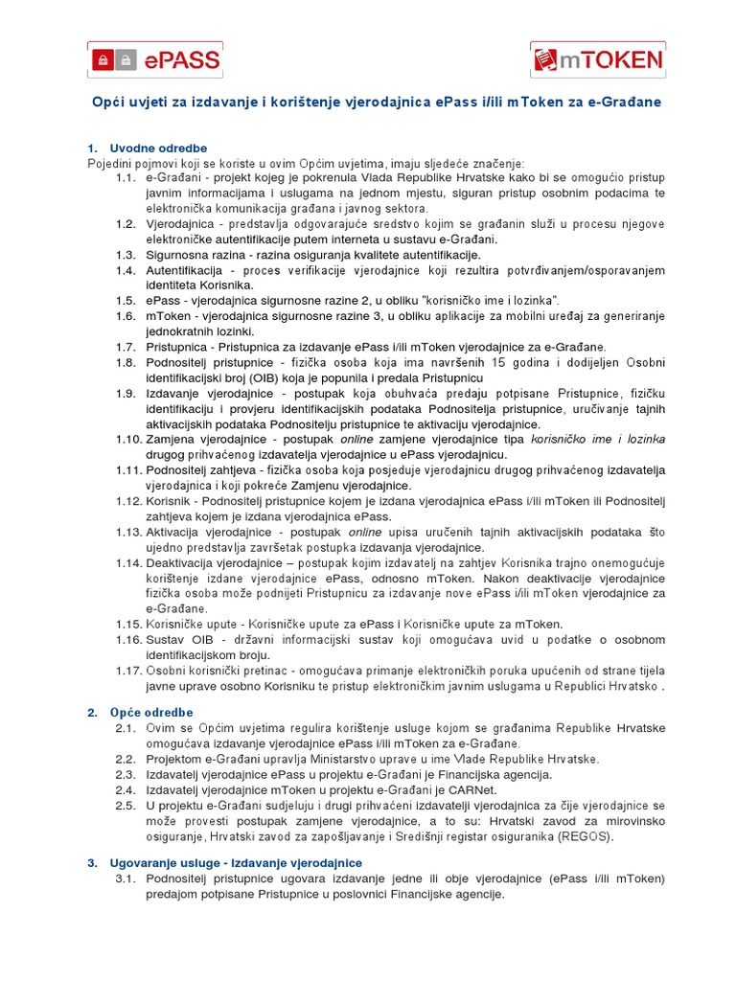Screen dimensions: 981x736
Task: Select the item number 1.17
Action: click(x=127, y=671)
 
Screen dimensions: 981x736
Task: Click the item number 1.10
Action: click(x=127, y=439)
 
